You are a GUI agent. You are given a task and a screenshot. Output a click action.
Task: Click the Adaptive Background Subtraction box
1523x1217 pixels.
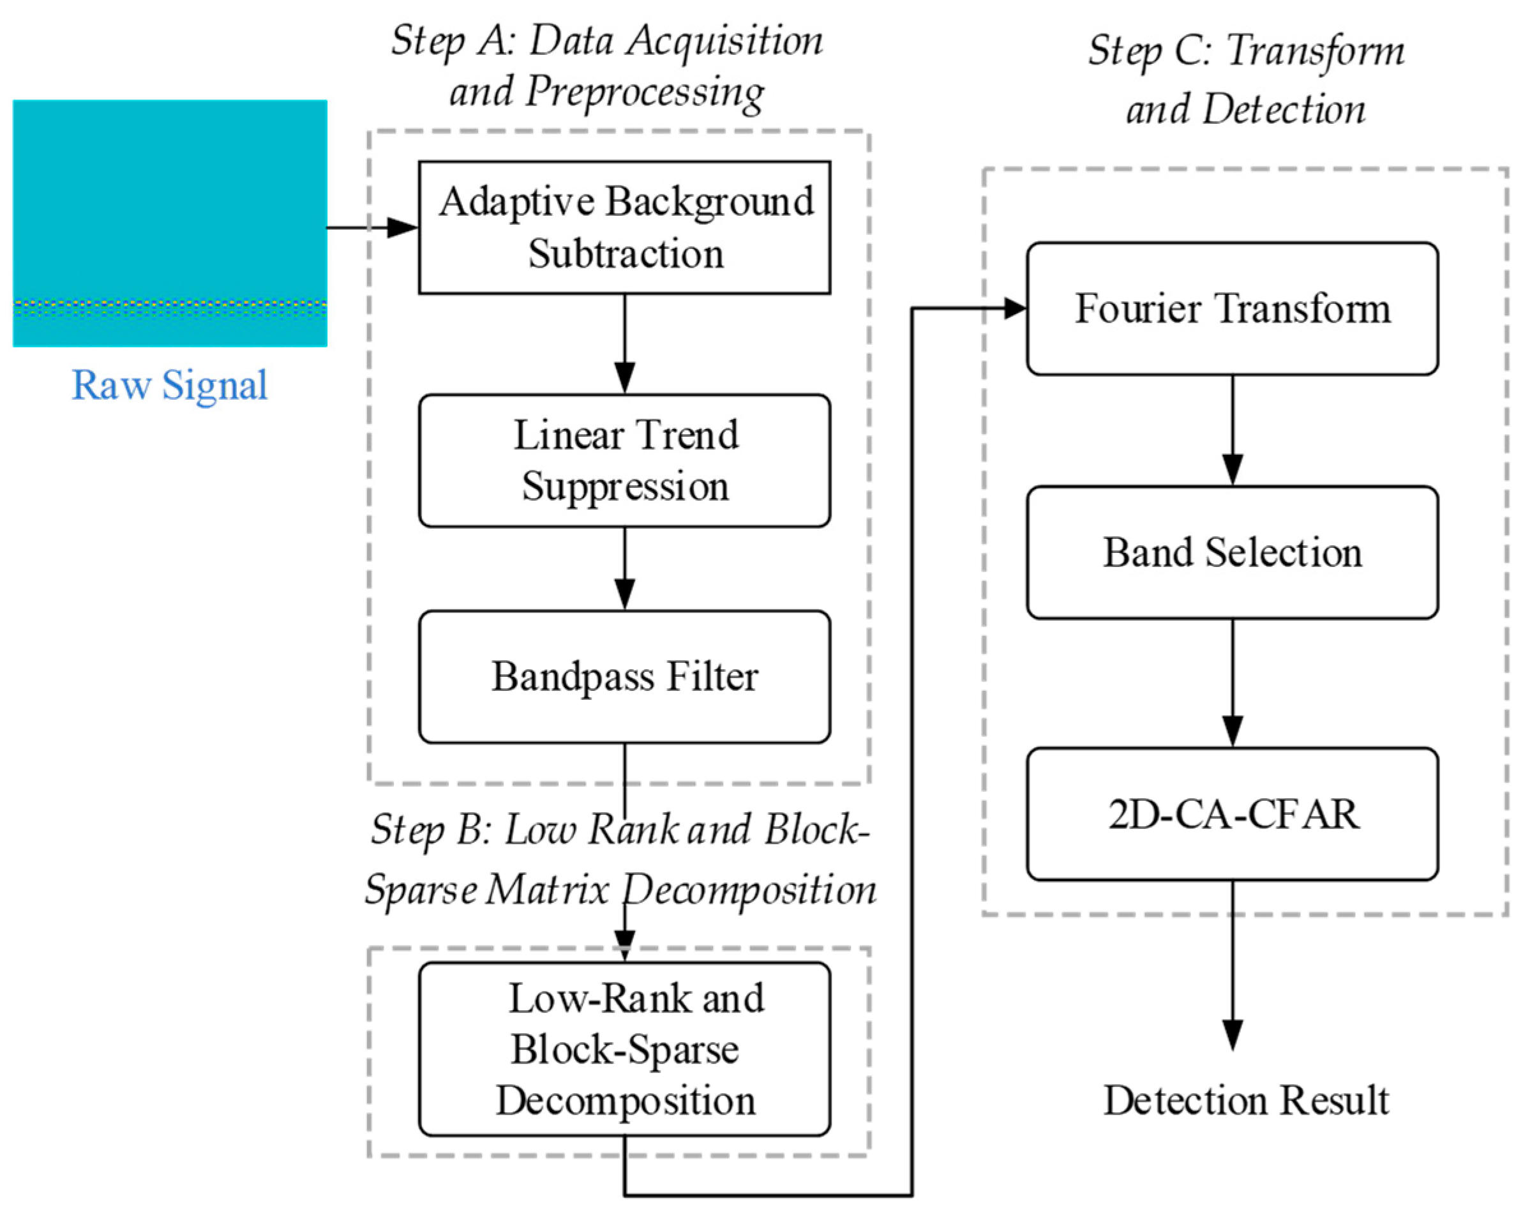click(624, 227)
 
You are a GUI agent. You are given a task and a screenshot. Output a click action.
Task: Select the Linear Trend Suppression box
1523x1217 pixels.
click(624, 460)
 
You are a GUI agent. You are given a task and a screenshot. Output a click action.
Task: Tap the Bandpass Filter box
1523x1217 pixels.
click(624, 676)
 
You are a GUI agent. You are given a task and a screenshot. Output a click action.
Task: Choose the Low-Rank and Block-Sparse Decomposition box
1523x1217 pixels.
click(624, 1049)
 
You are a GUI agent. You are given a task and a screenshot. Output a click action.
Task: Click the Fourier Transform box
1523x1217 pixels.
click(1232, 309)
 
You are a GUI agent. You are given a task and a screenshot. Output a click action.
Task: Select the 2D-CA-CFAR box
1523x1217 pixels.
click(1232, 813)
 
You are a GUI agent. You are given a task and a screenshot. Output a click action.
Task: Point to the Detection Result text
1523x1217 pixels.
click(1246, 1100)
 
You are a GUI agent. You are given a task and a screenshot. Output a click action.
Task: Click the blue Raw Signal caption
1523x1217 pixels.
click(170, 385)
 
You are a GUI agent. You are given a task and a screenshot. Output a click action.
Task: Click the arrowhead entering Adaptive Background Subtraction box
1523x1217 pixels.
click(403, 227)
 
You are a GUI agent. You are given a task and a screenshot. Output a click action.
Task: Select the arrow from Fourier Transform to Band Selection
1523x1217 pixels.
click(1233, 431)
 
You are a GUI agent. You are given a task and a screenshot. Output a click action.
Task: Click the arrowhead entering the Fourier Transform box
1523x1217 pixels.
click(1014, 308)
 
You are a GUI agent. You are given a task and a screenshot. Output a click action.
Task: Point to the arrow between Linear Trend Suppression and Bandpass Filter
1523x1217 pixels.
click(624, 569)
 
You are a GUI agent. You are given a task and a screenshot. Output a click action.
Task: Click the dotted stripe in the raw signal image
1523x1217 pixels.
click(170, 306)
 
